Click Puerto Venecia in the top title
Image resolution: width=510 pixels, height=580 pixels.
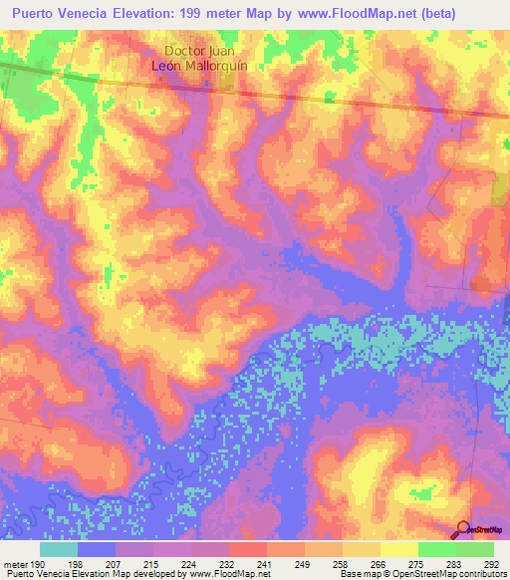pos(57,13)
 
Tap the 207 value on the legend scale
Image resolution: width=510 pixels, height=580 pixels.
pos(126,563)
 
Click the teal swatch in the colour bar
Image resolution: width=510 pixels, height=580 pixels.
pos(58,549)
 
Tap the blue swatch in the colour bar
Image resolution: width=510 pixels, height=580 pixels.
pos(96,549)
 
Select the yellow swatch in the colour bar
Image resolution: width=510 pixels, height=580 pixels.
pos(398,549)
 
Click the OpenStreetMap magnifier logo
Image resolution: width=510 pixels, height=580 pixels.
pos(463,528)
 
